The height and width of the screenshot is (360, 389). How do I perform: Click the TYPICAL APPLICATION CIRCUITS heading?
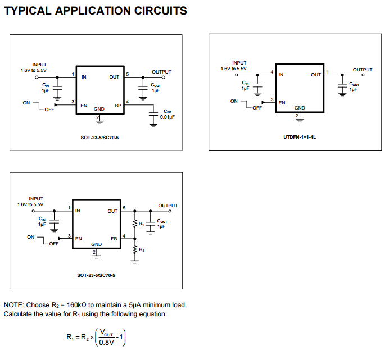point(96,11)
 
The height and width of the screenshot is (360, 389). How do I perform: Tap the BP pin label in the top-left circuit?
point(118,105)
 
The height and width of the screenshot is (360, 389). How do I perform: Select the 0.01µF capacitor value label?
point(168,117)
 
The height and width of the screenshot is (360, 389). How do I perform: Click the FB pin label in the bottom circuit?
point(114,238)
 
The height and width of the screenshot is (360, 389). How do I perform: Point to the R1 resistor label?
point(142,224)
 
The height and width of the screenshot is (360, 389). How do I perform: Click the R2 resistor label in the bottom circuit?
point(142,249)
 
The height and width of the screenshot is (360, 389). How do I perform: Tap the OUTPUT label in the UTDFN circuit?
point(362,70)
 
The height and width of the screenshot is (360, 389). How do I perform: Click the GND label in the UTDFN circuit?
point(300,108)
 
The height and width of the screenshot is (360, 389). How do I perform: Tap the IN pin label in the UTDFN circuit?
point(281,74)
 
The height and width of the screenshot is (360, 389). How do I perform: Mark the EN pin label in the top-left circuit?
point(83,105)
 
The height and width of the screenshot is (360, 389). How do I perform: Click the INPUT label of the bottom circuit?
point(36,199)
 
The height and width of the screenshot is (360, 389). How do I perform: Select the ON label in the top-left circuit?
point(26,103)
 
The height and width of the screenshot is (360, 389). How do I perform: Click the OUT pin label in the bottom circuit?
point(112,212)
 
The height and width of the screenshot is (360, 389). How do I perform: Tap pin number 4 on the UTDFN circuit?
point(272,72)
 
